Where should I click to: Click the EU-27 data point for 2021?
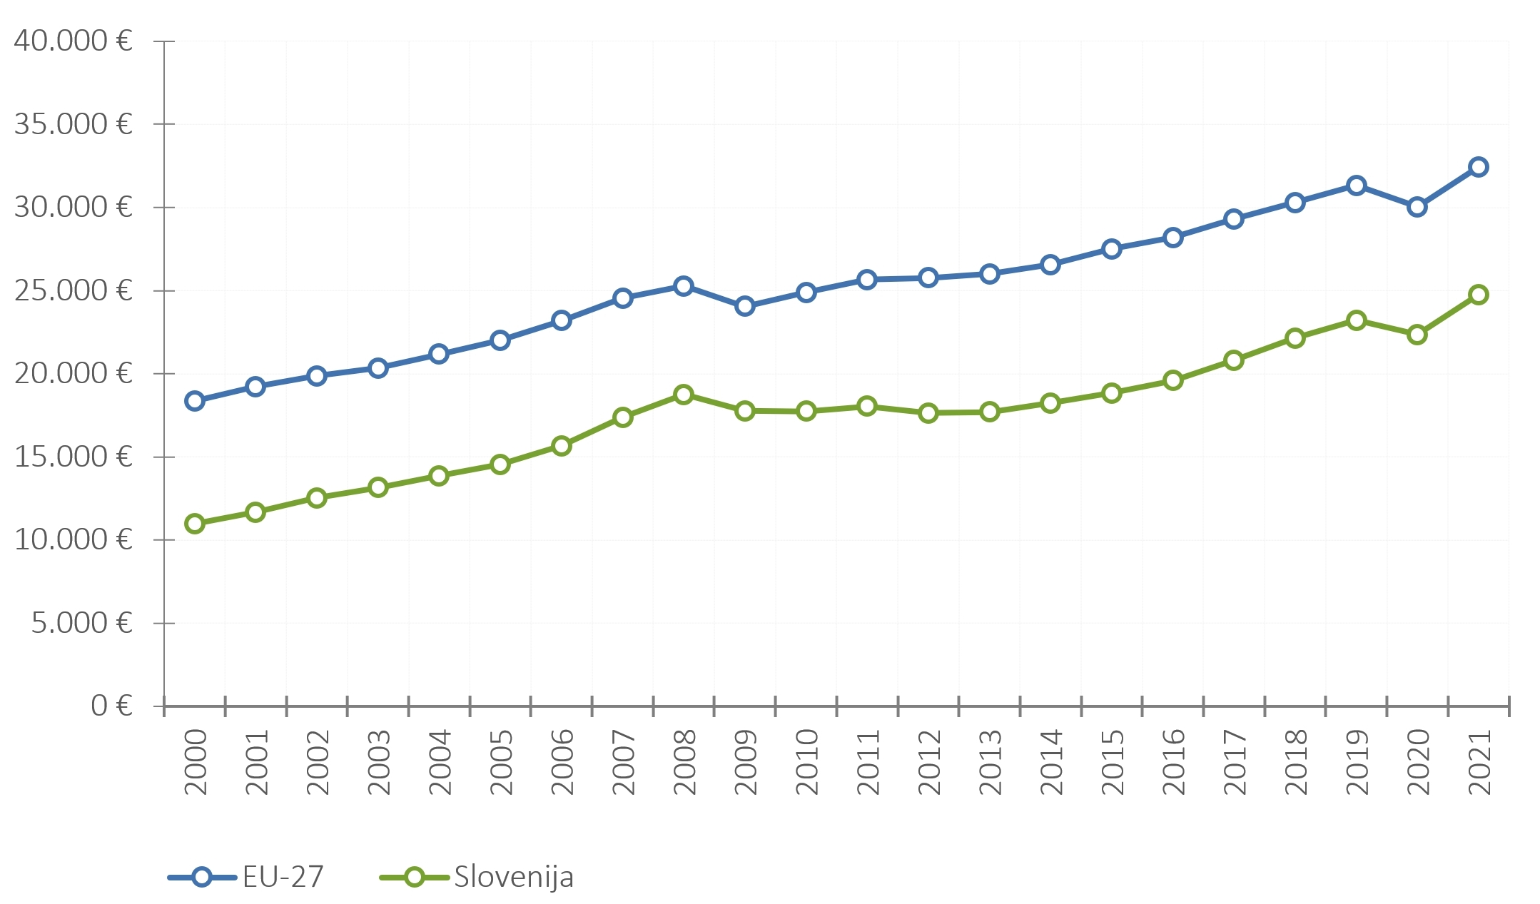[x=1478, y=167]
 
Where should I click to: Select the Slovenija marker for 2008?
[x=684, y=395]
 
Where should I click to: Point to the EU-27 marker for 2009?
[x=745, y=306]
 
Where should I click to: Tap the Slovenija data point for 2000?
[x=195, y=524]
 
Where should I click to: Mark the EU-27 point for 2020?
[x=1417, y=207]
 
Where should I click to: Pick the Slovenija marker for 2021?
[x=1478, y=295]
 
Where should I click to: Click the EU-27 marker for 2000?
[x=195, y=401]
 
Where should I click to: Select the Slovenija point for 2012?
[x=928, y=412]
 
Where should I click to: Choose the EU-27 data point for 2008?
[x=684, y=286]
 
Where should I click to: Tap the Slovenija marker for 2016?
[x=1172, y=380]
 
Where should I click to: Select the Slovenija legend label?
[x=514, y=878]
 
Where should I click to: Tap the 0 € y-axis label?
[x=112, y=706]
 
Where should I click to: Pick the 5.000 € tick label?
[x=82, y=623]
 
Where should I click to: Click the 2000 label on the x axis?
[x=196, y=762]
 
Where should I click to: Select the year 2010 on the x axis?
[x=807, y=762]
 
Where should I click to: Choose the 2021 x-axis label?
[x=1479, y=762]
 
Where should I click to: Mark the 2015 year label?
[x=1113, y=762]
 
